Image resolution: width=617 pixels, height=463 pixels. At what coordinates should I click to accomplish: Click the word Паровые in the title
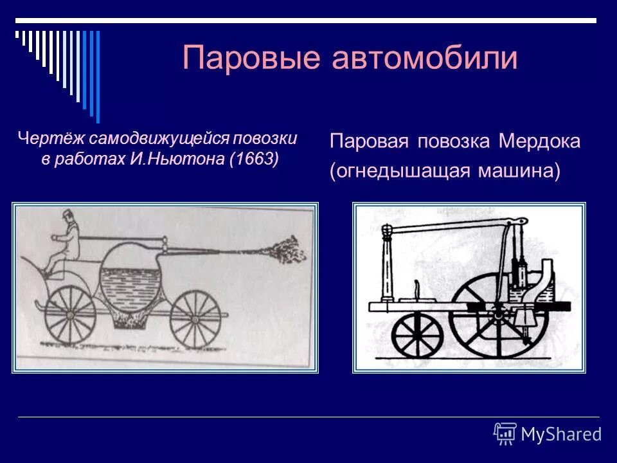251,59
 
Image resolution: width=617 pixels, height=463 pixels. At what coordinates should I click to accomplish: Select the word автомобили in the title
425,59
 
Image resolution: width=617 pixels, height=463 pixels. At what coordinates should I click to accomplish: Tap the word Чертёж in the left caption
51,138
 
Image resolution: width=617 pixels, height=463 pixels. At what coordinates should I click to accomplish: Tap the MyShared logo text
561,435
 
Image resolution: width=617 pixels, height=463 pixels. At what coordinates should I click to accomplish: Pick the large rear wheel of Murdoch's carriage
499,319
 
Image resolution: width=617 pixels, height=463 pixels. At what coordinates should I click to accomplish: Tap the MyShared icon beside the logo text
505,434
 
